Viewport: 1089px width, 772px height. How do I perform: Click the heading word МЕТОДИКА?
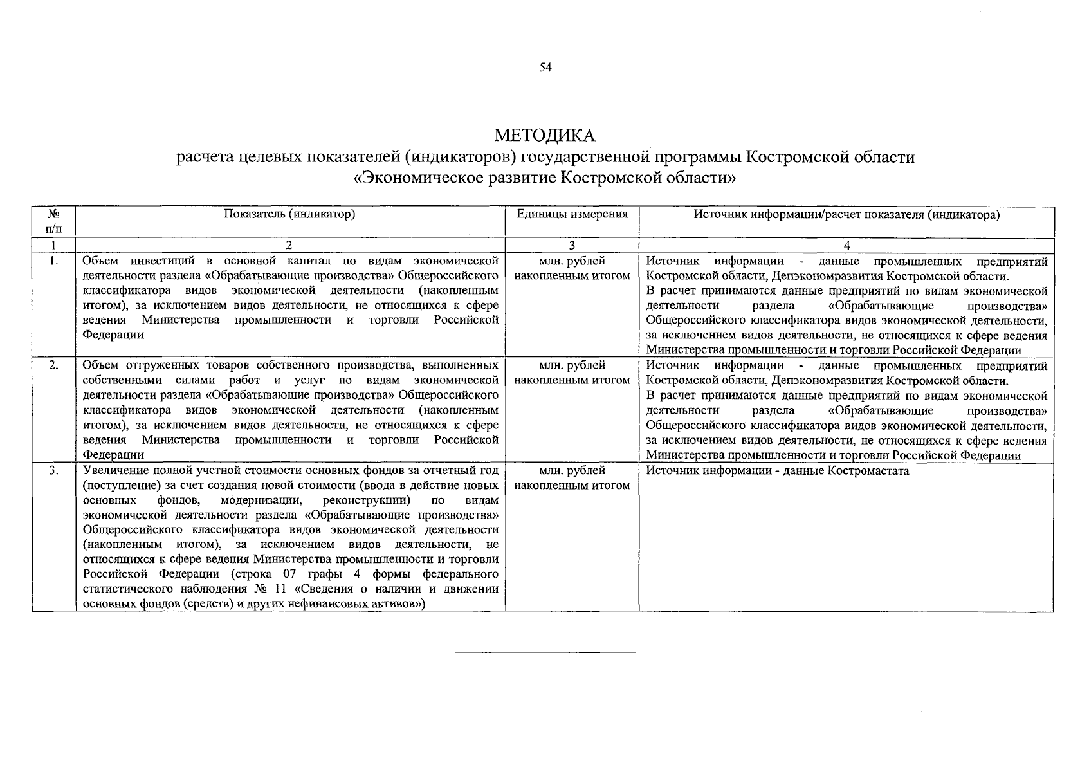[545, 136]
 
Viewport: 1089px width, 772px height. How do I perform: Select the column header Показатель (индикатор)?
[289, 215]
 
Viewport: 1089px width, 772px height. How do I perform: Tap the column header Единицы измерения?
[572, 215]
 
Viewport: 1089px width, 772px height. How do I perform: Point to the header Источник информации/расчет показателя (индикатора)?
[846, 215]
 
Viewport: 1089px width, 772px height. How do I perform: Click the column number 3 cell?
[572, 245]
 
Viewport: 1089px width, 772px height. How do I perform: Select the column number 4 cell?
[846, 245]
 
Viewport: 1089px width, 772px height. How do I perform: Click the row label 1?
[54, 261]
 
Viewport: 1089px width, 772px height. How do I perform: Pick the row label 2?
[54, 365]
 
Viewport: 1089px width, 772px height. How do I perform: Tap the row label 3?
[54, 470]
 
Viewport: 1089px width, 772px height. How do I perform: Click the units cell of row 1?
[572, 268]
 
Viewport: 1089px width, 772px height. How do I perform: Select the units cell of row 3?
[572, 477]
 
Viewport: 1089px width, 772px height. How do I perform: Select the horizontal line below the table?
[545, 652]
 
